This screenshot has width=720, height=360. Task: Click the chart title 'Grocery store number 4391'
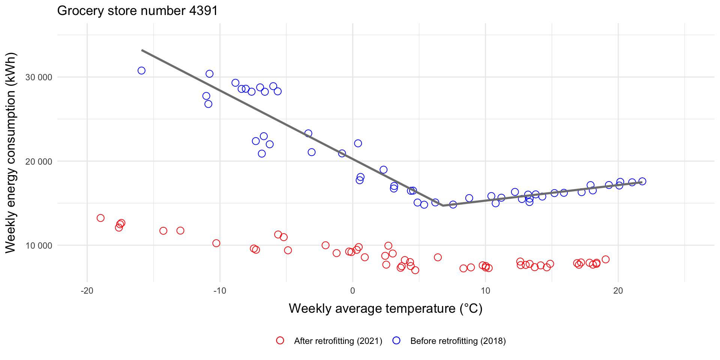point(137,10)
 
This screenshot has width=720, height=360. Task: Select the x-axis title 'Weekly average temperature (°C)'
point(385,308)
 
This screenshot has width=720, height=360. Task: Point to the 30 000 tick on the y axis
point(39,77)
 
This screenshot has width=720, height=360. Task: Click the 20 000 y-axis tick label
point(39,162)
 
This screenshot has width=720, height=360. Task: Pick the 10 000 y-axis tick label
point(39,246)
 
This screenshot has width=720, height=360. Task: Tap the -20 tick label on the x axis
point(87,291)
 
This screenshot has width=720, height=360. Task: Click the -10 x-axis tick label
point(220,291)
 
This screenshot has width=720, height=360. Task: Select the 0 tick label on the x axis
point(352,291)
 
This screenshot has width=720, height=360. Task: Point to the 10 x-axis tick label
point(485,291)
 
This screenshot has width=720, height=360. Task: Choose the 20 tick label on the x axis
point(618,291)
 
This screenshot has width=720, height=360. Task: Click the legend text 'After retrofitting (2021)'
point(338,341)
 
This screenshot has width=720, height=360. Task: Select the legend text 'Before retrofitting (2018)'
point(458,341)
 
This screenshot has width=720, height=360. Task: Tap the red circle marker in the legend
point(280,340)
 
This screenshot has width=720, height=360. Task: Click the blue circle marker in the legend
point(396,340)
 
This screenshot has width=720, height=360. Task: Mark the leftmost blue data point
point(141,70)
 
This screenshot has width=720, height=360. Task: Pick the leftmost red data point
point(100,218)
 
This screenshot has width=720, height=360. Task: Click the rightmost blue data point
point(642,181)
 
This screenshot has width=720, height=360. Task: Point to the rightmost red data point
point(606,259)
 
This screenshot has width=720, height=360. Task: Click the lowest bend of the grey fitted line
point(443,205)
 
